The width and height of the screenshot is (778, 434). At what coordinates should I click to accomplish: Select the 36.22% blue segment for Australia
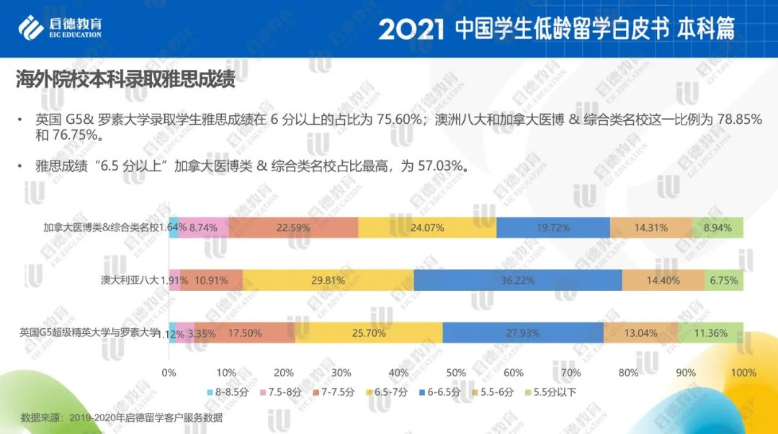tap(517, 280)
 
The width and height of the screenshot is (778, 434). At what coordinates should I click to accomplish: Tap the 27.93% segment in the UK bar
tap(523, 333)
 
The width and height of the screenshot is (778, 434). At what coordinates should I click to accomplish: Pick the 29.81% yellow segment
tap(328, 280)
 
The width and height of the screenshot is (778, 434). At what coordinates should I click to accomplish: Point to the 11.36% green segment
tap(710, 333)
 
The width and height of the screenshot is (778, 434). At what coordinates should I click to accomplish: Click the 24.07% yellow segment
tap(427, 227)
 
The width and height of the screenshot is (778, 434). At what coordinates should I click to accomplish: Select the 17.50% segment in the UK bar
tap(245, 333)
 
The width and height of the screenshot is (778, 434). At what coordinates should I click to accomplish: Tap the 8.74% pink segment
tap(203, 227)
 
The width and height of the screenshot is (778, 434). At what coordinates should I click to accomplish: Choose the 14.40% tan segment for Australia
tap(663, 280)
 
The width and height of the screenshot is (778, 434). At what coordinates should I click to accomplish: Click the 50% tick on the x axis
tap(456, 373)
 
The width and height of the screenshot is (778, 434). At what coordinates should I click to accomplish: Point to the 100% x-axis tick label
tap(743, 373)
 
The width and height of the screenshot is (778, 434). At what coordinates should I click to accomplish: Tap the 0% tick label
tap(169, 373)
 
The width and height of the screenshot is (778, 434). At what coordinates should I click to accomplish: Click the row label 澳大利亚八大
tap(128, 280)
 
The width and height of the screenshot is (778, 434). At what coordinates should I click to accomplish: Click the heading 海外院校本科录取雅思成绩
tap(125, 80)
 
